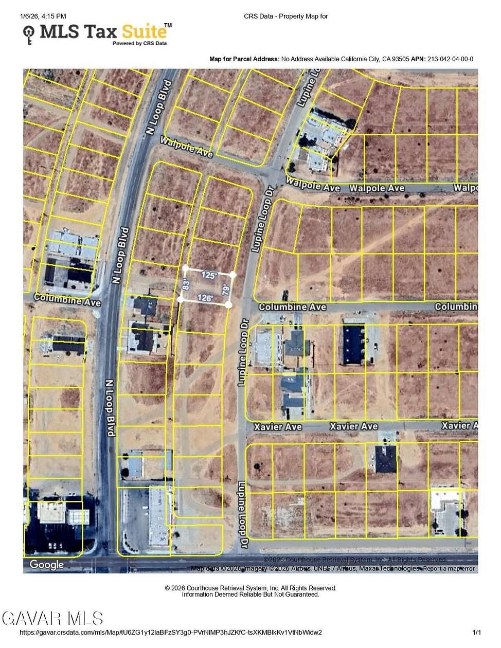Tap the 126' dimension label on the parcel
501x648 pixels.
[x=205, y=298]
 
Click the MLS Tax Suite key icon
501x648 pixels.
[x=29, y=35]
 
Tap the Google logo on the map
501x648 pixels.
[x=46, y=565]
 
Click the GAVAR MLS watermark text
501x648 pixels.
[x=52, y=618]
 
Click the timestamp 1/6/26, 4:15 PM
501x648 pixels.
[x=43, y=16]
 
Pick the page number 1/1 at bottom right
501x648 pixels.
[x=477, y=633]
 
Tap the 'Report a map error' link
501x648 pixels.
[x=449, y=568]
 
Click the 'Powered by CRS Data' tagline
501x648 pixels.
[x=139, y=44]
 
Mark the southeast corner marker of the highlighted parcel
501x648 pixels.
[x=228, y=305]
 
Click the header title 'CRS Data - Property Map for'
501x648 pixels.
[x=285, y=16]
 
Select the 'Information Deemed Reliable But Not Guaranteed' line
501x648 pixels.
[x=251, y=595]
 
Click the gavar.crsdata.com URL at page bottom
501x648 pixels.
[x=170, y=633]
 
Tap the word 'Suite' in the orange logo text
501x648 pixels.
[x=145, y=31]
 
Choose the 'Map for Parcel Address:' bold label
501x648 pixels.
[x=244, y=59]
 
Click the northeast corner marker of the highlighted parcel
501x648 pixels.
[x=232, y=275]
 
